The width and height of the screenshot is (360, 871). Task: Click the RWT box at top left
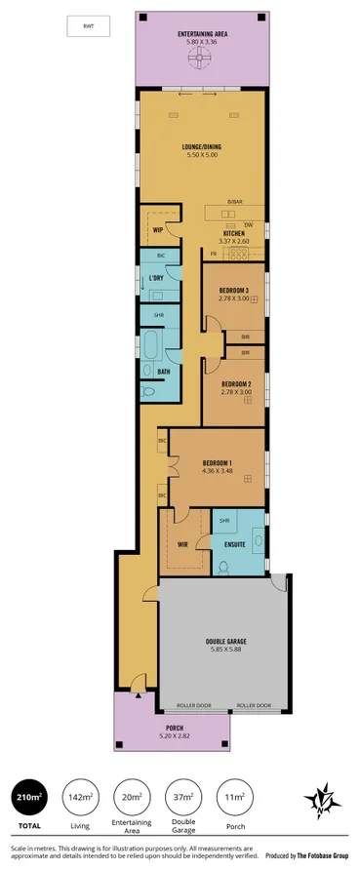click(88, 27)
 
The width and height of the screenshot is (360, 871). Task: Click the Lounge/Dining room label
click(203, 149)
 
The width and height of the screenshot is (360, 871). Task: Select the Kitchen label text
click(234, 234)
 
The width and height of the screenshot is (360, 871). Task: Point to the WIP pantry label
click(158, 230)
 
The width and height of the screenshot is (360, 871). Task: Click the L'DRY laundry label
click(156, 278)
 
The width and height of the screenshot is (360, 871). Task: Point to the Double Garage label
click(225, 642)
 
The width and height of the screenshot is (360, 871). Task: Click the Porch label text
click(175, 728)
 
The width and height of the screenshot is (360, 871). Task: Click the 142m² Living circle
click(80, 798)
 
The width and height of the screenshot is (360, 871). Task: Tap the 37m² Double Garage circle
click(182, 798)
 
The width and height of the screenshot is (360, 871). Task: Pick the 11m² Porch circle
click(233, 798)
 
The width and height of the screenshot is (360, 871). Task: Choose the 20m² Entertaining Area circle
click(132, 798)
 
